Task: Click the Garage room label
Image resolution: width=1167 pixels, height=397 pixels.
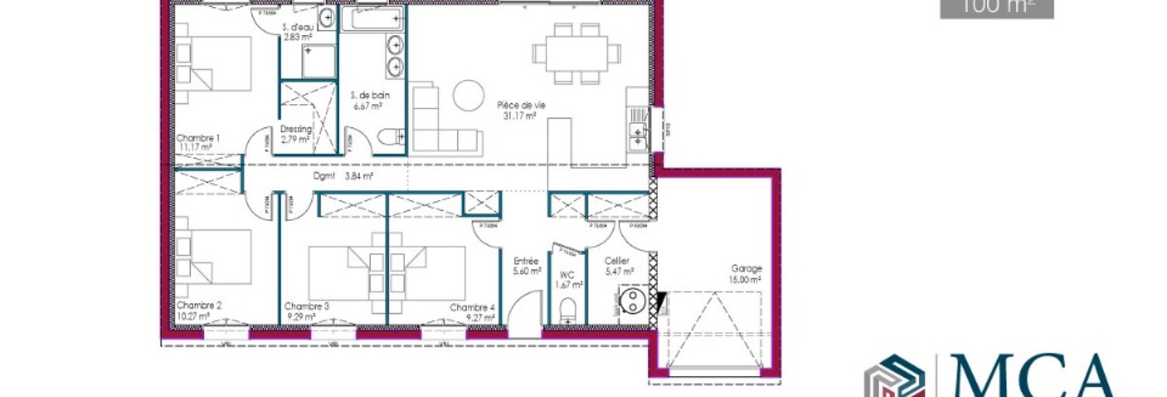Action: (746, 268)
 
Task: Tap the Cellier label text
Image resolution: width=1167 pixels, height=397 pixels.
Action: (617, 261)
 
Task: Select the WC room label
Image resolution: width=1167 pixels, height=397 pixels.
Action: (567, 274)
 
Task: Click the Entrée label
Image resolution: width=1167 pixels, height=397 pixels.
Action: (526, 261)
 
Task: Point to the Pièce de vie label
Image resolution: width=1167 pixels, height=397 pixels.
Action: (518, 105)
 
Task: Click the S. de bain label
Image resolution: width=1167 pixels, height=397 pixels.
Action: (370, 95)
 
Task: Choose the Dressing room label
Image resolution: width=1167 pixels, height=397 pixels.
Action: (296, 129)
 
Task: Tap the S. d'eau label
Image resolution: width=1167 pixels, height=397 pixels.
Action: (298, 27)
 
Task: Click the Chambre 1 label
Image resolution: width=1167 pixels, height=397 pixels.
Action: (198, 138)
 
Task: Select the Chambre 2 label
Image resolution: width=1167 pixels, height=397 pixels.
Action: (199, 306)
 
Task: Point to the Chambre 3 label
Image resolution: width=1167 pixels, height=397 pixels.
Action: (306, 306)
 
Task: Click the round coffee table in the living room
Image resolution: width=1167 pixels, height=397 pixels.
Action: (469, 95)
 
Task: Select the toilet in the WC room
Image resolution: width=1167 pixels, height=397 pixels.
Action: (569, 308)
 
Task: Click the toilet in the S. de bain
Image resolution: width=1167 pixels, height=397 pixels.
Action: (390, 136)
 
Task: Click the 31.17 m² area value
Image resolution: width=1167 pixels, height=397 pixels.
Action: (519, 116)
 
